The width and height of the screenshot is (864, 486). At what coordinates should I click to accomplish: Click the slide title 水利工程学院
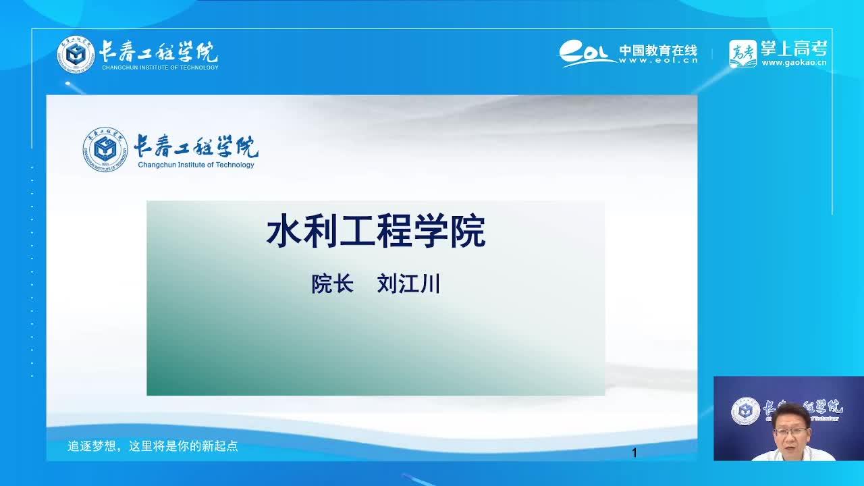(376, 232)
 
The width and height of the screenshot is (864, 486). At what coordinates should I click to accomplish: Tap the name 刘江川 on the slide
(408, 284)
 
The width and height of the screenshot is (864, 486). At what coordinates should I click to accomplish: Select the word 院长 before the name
(333, 284)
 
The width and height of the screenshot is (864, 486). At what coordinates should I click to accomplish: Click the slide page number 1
(634, 453)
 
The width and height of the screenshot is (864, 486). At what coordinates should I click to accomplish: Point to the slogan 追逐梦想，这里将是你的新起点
(153, 446)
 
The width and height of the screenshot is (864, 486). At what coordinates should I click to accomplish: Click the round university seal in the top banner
(76, 55)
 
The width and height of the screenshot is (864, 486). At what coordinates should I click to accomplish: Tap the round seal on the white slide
(105, 149)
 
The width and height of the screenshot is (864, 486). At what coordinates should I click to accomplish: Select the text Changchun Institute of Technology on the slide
(196, 165)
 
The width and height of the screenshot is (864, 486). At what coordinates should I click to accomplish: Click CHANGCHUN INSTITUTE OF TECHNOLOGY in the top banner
(160, 67)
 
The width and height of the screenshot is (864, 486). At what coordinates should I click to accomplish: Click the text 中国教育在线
(658, 51)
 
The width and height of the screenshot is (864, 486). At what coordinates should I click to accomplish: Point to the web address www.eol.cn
(658, 61)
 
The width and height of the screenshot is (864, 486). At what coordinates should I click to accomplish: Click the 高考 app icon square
(743, 53)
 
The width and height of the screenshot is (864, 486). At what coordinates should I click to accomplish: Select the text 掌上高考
(794, 49)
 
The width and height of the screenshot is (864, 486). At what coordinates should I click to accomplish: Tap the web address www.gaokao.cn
(794, 63)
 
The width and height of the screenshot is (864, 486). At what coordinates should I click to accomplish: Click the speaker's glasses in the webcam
(790, 431)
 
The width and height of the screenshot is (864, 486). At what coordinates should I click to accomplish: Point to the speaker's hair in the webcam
(792, 412)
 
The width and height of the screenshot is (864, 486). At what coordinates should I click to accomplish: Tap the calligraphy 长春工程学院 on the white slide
(196, 146)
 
